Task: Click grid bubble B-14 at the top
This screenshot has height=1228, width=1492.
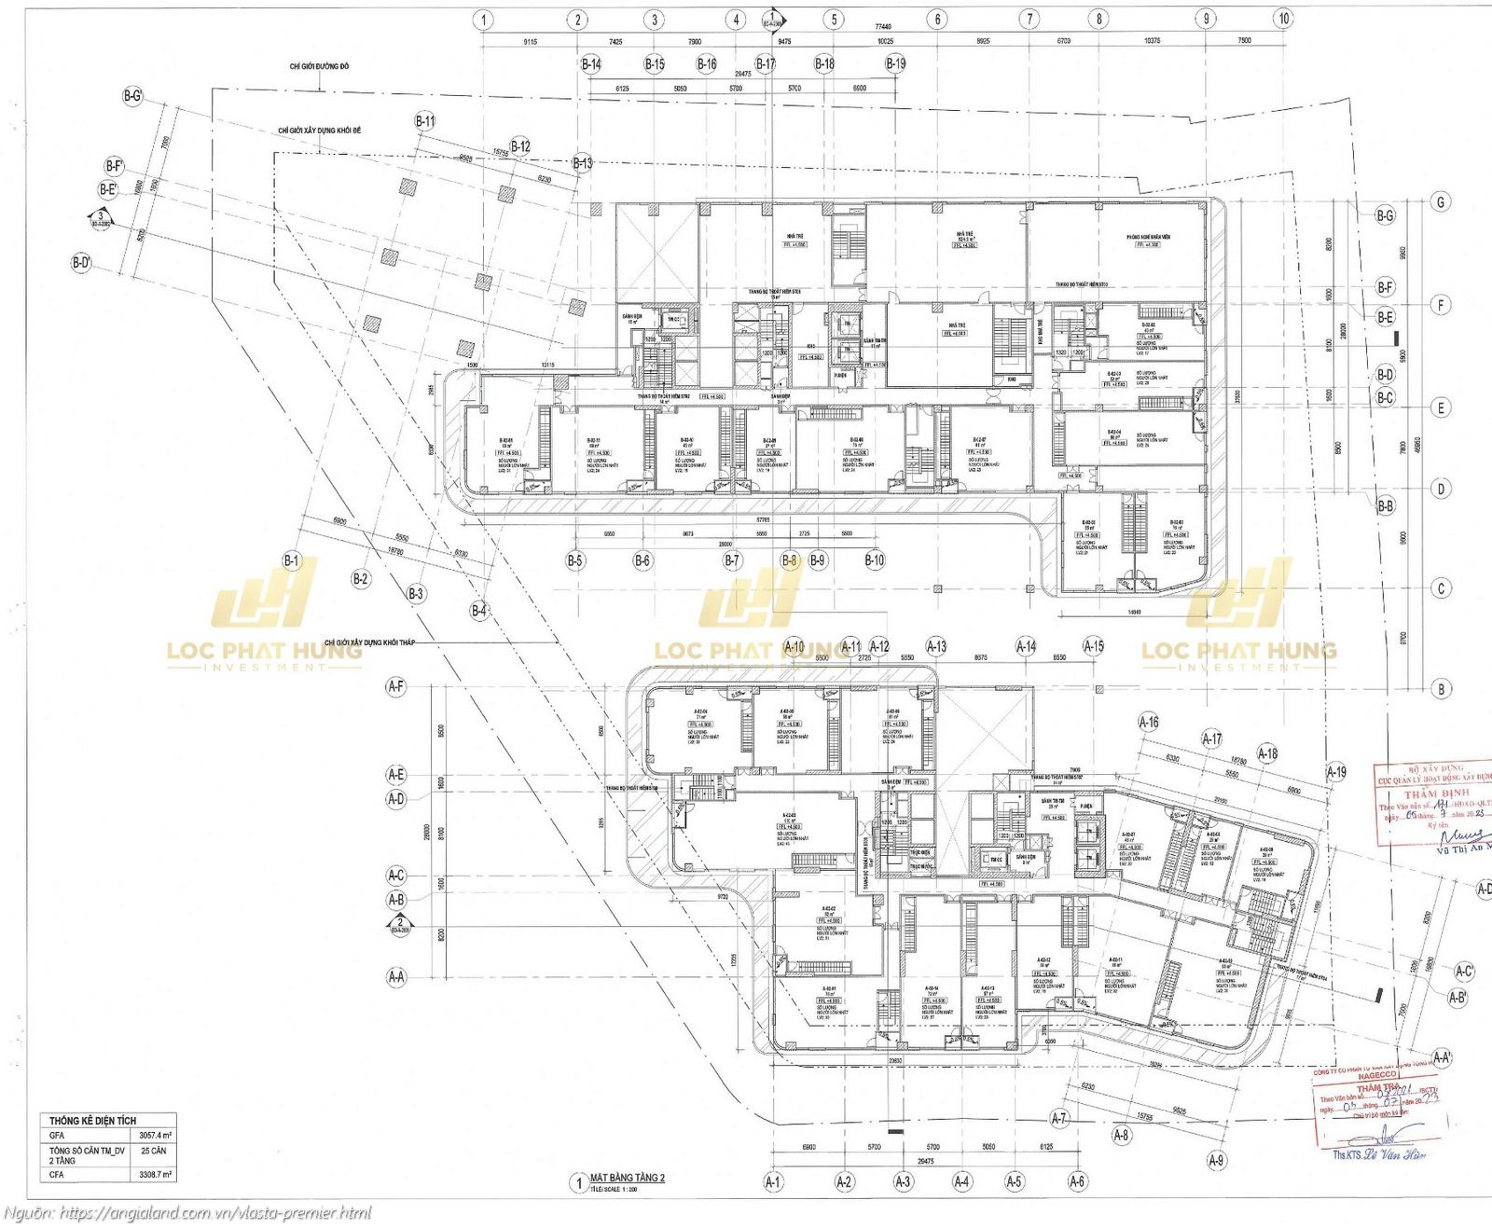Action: click(x=590, y=63)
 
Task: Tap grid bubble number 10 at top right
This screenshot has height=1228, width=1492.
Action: click(x=1284, y=18)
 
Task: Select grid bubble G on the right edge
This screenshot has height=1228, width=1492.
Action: click(x=1442, y=201)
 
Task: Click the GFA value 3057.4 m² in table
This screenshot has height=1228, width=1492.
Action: click(x=156, y=1137)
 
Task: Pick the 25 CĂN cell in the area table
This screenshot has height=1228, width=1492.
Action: click(x=152, y=1152)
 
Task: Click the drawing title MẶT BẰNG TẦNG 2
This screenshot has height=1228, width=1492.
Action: click(x=627, y=1179)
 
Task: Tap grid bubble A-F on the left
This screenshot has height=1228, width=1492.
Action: click(x=396, y=686)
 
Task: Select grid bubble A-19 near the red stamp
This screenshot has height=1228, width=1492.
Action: click(x=1336, y=771)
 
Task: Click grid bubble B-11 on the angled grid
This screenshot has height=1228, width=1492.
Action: click(x=424, y=121)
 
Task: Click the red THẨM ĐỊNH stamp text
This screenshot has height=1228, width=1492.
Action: click(x=1430, y=793)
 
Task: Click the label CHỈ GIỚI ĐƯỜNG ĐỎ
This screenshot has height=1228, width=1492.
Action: click(x=319, y=67)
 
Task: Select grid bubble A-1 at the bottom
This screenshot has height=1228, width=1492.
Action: click(x=772, y=1181)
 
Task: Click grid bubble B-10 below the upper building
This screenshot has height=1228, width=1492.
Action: click(x=874, y=560)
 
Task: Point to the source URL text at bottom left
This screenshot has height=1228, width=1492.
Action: click(x=186, y=1213)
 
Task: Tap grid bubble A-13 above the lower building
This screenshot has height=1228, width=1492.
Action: click(x=935, y=645)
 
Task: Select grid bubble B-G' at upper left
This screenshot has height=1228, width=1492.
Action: click(x=131, y=95)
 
